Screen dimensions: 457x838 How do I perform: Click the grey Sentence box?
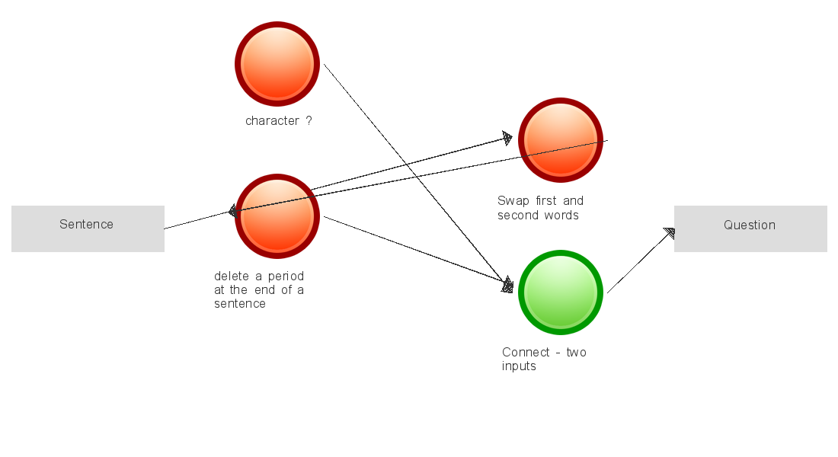[x=88, y=228]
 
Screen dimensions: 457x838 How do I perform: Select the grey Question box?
[x=750, y=228]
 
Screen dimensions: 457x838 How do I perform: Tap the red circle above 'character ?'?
[x=277, y=64]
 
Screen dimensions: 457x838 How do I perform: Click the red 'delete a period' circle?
[x=277, y=216]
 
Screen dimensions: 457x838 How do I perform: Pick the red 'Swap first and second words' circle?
[x=561, y=140]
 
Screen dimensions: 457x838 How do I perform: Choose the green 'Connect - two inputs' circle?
[x=561, y=292]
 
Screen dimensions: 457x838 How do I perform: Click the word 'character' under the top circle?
[x=272, y=120]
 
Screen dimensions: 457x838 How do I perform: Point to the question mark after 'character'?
[x=309, y=120]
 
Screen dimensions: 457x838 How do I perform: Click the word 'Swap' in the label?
[x=512, y=201]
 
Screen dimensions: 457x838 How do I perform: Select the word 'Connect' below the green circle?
[x=526, y=352]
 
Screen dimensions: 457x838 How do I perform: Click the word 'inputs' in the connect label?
[x=519, y=366]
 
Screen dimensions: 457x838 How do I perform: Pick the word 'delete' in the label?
[x=232, y=276]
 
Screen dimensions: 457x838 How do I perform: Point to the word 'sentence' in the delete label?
[x=240, y=304]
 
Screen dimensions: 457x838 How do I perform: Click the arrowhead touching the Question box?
[x=669, y=233]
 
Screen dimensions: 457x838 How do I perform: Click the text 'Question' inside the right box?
[x=750, y=225]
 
